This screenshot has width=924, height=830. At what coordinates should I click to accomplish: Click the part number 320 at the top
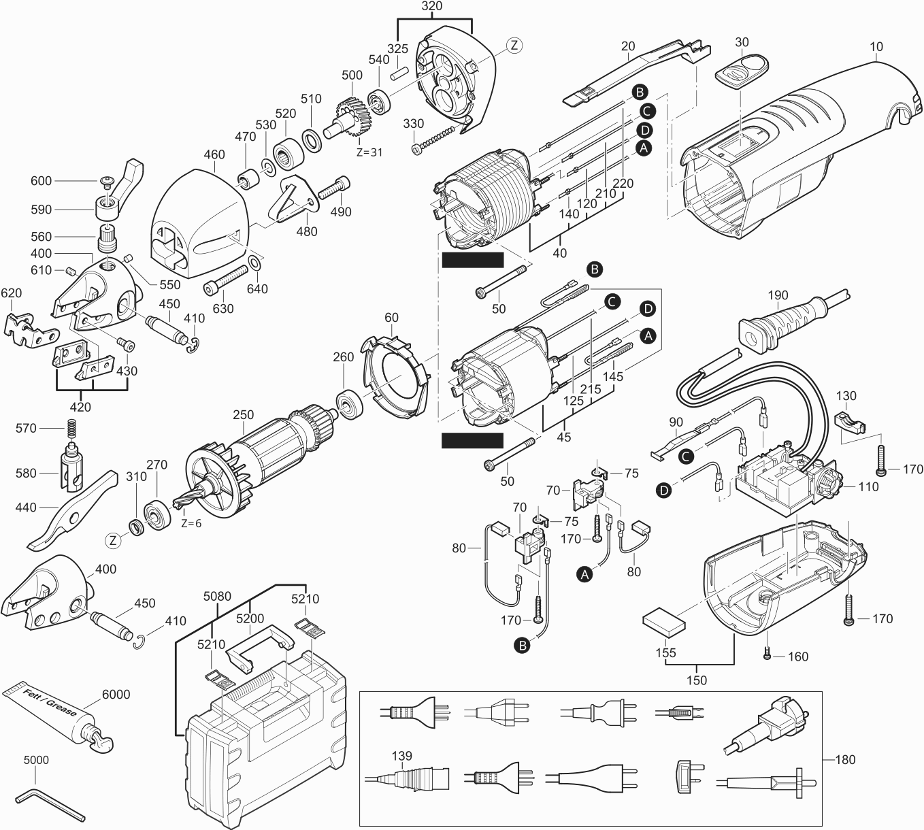pyautogui.click(x=431, y=6)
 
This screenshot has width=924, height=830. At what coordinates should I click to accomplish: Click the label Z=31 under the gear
pyautogui.click(x=369, y=152)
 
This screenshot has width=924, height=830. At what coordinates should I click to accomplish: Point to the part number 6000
pyautogui.click(x=116, y=695)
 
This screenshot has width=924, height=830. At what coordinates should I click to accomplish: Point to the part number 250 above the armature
pyautogui.click(x=243, y=414)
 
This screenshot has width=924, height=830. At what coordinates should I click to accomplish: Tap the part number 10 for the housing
pyautogui.click(x=876, y=47)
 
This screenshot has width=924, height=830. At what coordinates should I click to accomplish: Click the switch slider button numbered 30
pyautogui.click(x=742, y=71)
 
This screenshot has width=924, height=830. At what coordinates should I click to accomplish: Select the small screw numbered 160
pyautogui.click(x=767, y=654)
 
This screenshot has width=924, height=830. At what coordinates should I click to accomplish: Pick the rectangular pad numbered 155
pyautogui.click(x=663, y=620)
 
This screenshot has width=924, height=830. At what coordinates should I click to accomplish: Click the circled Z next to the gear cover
pyautogui.click(x=514, y=46)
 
